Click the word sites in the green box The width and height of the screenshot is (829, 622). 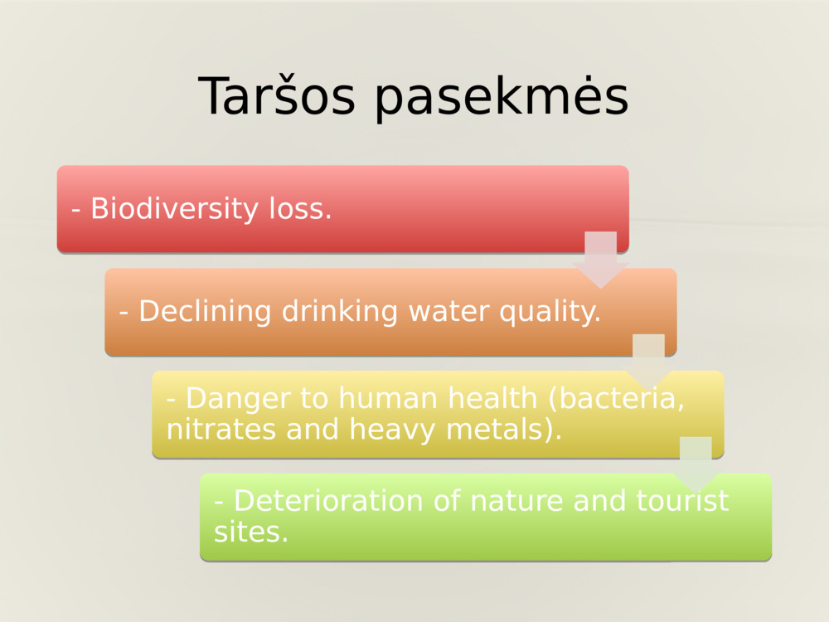pyautogui.click(x=250, y=532)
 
